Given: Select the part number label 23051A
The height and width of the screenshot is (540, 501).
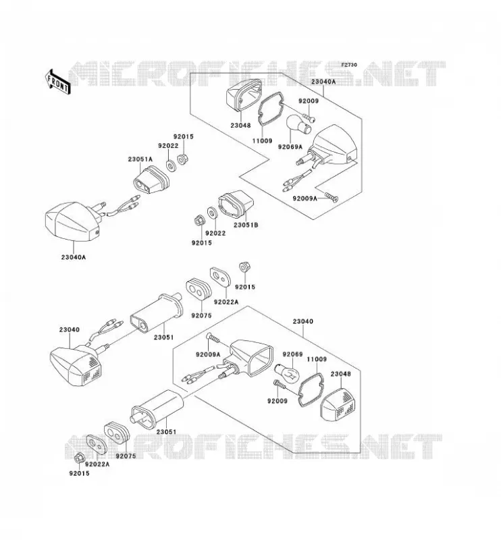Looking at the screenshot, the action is tap(140, 159).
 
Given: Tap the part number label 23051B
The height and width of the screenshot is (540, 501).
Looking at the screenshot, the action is tap(246, 225).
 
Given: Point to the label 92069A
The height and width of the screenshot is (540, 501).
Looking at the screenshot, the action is tap(290, 147).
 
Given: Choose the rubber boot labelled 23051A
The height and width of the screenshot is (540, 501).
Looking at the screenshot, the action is tap(151, 180).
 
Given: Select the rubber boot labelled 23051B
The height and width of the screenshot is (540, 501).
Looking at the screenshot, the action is tap(236, 205).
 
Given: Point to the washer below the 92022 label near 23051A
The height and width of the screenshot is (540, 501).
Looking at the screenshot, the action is tap(170, 165).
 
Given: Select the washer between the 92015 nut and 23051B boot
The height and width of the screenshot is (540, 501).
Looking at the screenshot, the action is tap(212, 212).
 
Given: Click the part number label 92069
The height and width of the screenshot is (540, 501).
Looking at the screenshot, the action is tap(292, 354).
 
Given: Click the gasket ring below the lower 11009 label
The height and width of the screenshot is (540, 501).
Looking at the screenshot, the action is tap(310, 389).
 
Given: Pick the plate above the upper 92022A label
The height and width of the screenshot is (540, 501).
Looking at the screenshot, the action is tap(220, 277).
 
